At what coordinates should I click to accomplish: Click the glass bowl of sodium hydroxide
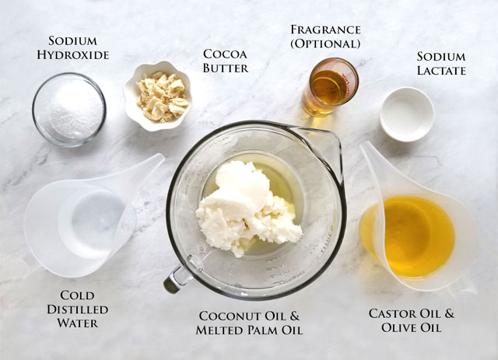coord(69,110)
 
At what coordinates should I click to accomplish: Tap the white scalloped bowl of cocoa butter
coord(159,96)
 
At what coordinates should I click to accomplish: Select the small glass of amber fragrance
coord(330,86)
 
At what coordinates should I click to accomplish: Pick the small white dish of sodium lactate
coord(407,114)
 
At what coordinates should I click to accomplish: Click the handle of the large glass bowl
coord(178,278)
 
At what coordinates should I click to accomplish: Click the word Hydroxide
coord(73,55)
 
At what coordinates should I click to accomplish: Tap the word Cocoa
coord(225,54)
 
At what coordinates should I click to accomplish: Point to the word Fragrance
coord(325,30)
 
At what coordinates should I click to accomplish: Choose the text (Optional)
coord(325,44)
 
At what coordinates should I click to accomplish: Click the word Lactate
coord(441,70)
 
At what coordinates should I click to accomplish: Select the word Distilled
coord(78,309)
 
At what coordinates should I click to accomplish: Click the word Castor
coord(392,313)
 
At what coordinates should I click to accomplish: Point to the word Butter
coord(226,68)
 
